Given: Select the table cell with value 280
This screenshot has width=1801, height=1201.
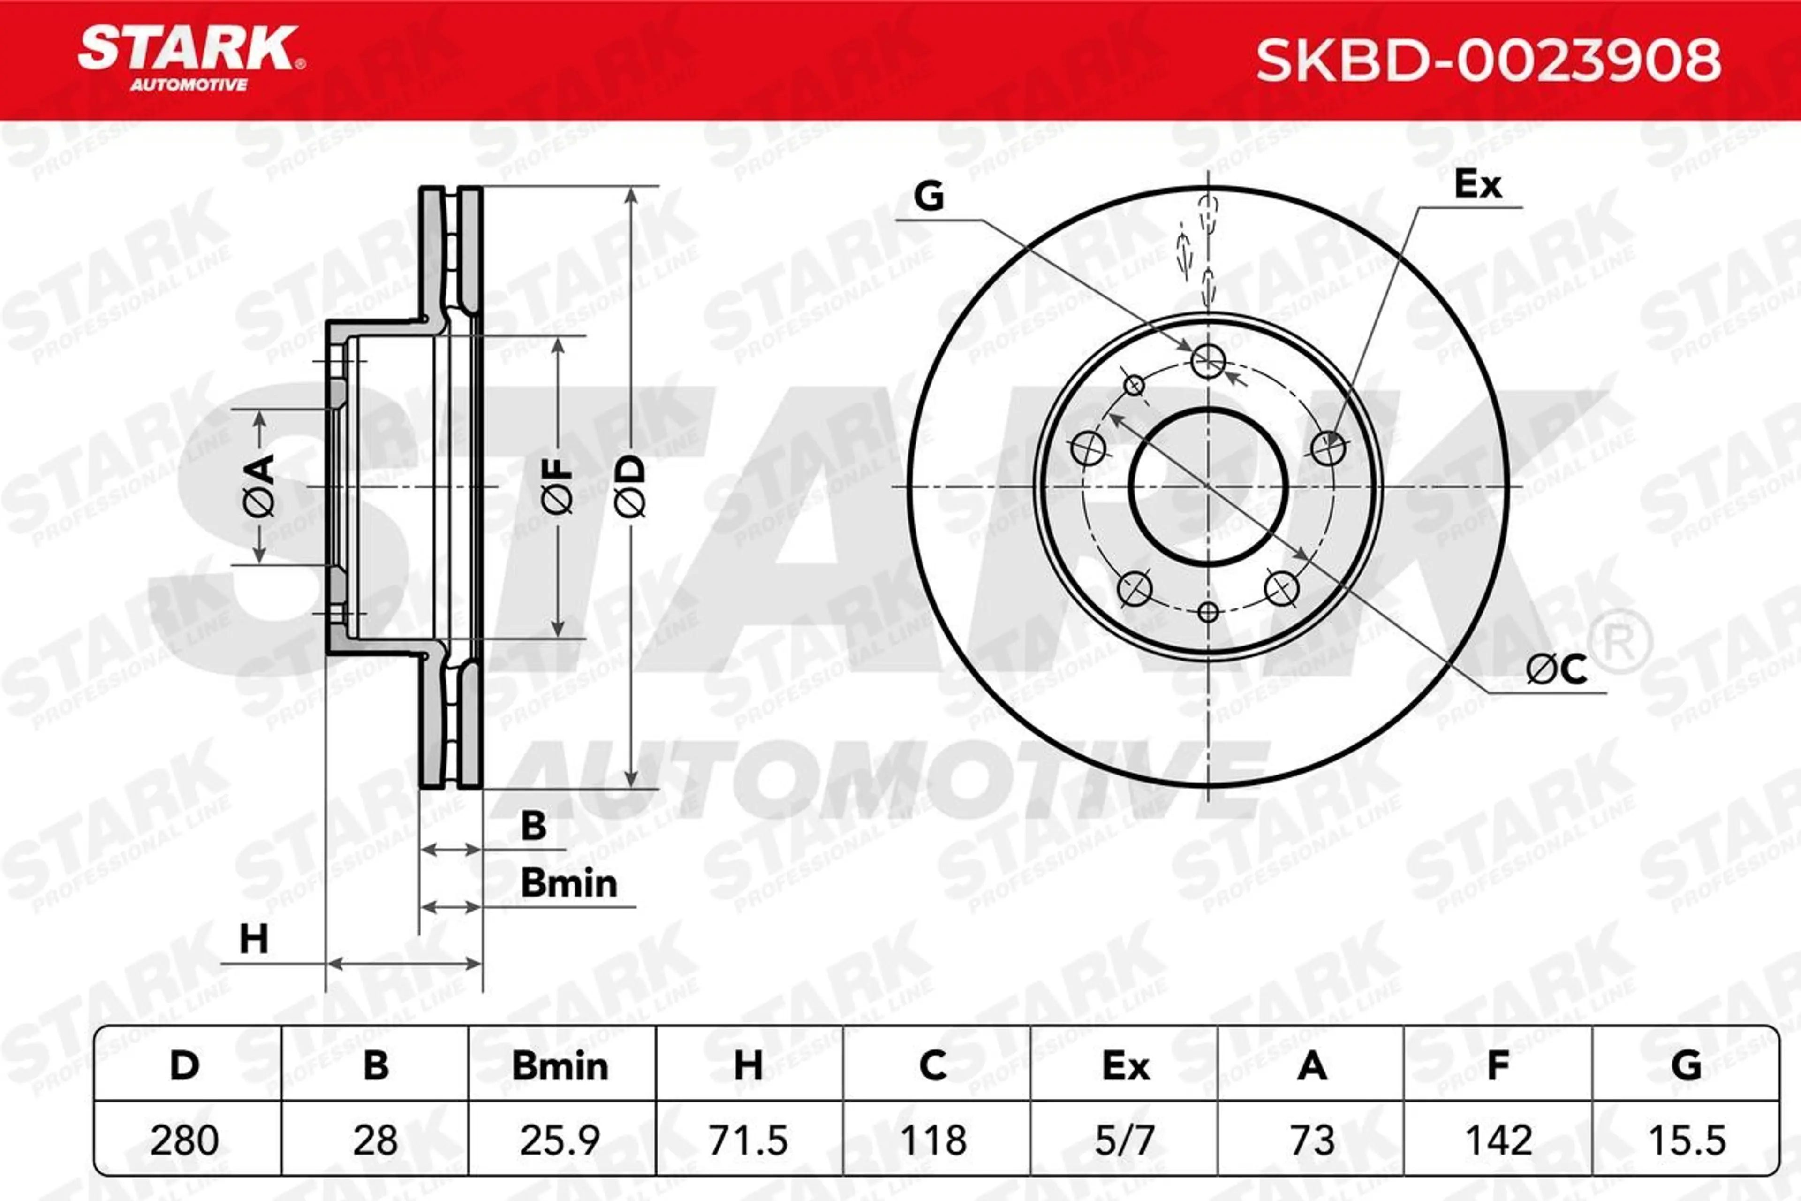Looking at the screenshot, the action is pos(188,1139).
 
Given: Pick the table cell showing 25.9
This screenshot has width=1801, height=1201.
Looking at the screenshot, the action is pos(561,1139).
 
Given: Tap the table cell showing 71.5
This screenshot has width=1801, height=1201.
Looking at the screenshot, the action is pos(749,1139).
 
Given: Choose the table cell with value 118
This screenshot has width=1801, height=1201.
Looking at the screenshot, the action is pos(937,1139).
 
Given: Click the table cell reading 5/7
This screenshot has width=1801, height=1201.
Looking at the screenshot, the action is pos(1124,1139).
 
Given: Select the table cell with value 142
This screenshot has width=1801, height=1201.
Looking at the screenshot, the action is pos(1498,1139).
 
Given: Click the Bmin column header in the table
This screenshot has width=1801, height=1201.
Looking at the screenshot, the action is pos(561,1065).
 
